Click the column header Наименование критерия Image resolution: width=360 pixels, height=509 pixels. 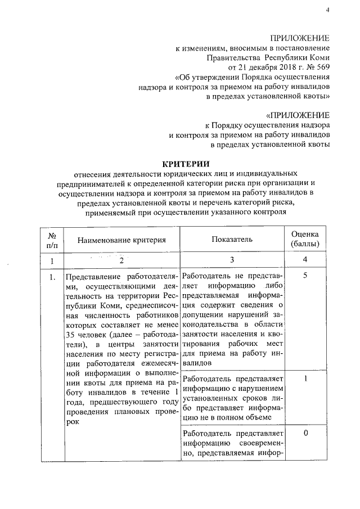tap(122, 240)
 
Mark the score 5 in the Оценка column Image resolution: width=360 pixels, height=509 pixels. tap(305, 276)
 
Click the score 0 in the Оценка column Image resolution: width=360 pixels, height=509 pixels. tap(305, 433)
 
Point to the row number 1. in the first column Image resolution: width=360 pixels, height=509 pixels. tap(52, 277)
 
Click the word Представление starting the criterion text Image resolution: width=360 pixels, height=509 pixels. tap(92, 277)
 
